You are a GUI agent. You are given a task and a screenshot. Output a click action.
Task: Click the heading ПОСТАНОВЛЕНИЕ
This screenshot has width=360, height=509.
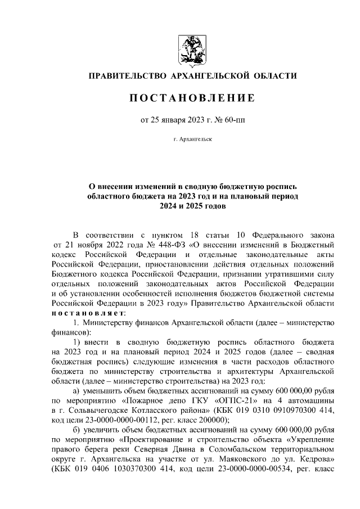point(192,98)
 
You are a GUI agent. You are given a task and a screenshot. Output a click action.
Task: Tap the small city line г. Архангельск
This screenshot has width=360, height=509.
point(192,138)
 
